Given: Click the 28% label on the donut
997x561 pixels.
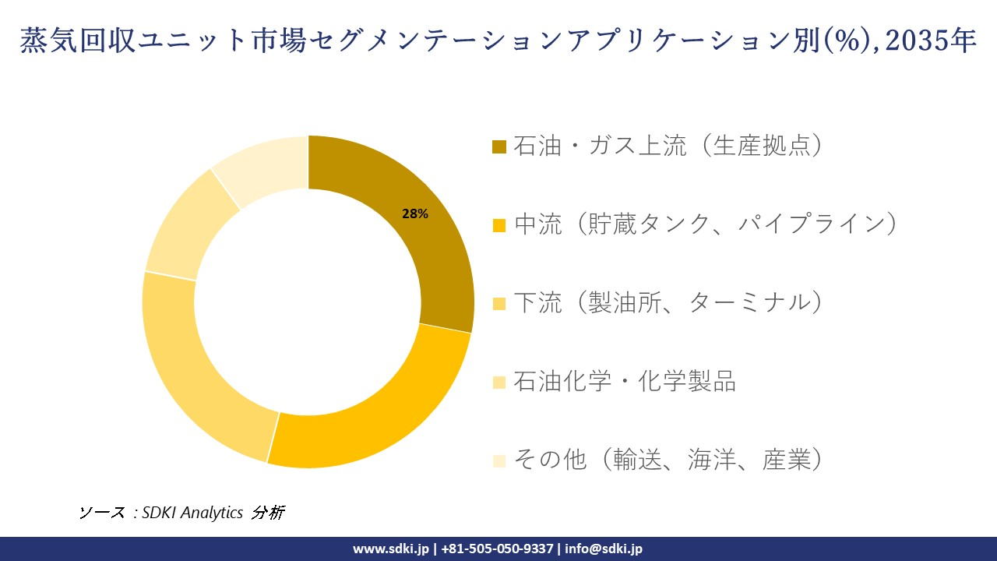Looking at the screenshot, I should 414,214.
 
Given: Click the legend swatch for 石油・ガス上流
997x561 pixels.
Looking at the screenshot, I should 499,146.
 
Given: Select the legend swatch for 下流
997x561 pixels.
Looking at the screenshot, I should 499,303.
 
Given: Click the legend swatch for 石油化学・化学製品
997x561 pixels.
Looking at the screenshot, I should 499,382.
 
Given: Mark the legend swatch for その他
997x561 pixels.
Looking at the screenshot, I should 499,460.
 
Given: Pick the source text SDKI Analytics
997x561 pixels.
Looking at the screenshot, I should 193,513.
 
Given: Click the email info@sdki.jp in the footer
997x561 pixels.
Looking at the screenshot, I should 604,549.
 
